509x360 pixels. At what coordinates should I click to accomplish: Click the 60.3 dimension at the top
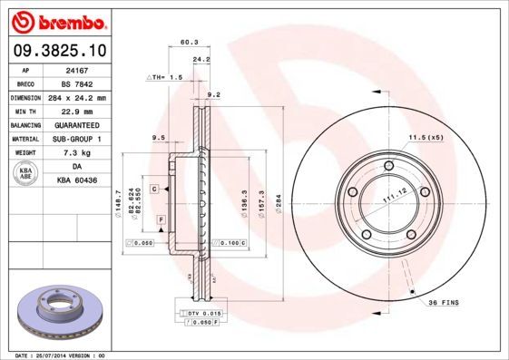tap(190, 41)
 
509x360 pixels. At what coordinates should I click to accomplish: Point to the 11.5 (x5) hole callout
tap(425, 137)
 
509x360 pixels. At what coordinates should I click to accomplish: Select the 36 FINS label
tap(444, 302)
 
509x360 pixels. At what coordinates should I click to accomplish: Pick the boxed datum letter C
tap(155, 189)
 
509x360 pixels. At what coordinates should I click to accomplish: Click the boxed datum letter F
tap(160, 220)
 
